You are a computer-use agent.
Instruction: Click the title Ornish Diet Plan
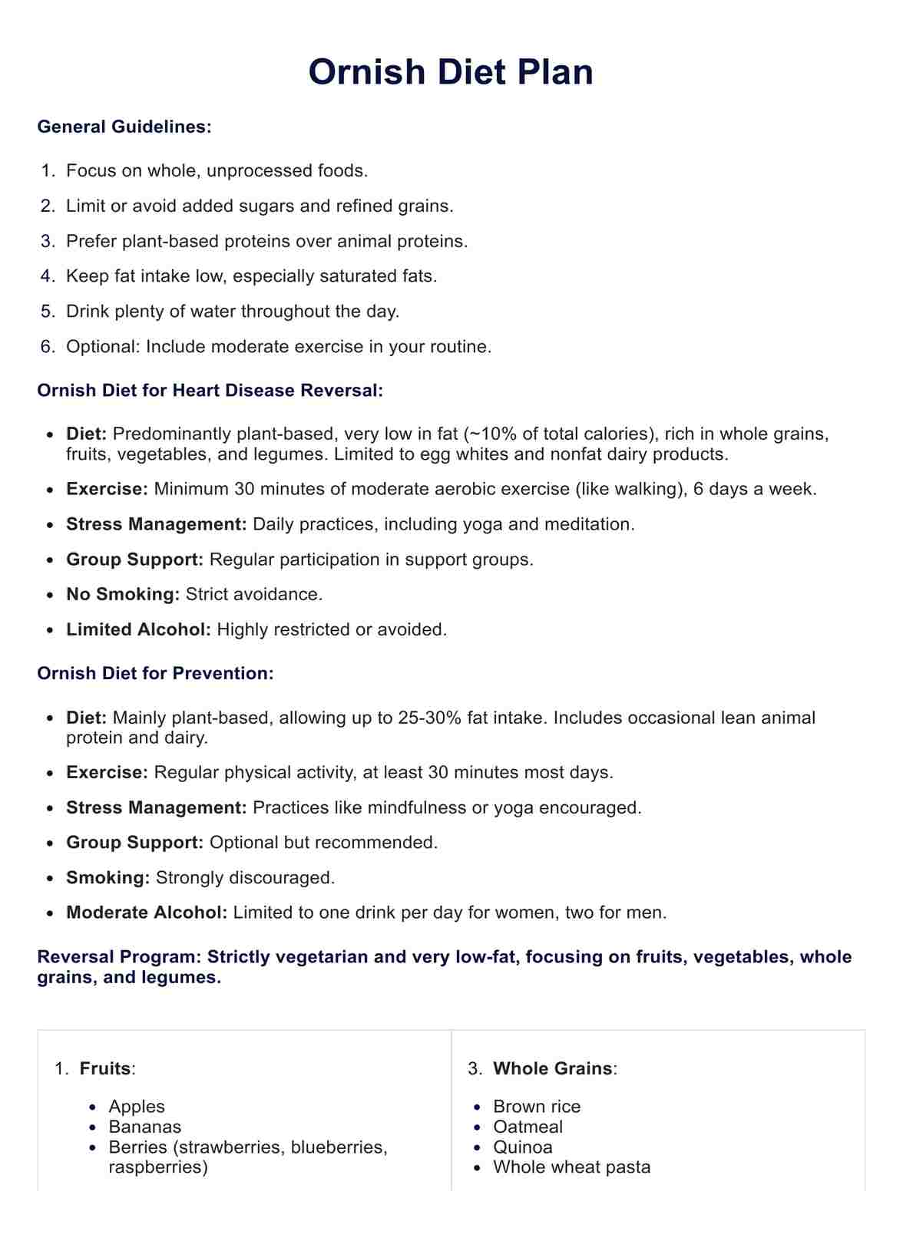(451, 72)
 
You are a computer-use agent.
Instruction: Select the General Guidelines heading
(124, 127)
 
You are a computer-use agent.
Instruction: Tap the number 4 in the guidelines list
(48, 276)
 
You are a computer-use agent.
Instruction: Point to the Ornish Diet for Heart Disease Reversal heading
(210, 391)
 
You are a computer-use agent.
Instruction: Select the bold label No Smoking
(123, 595)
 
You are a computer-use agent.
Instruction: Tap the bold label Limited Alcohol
(138, 630)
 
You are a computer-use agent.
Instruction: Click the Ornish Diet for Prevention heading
(155, 674)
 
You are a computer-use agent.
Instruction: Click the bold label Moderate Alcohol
(147, 913)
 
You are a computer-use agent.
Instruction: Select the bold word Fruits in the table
(105, 1069)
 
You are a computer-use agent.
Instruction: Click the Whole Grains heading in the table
(552, 1069)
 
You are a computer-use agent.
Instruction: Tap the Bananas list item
(145, 1127)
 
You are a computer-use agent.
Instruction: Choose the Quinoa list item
(523, 1147)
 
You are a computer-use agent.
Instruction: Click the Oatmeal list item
(528, 1127)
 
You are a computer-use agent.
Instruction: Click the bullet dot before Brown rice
(478, 1107)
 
